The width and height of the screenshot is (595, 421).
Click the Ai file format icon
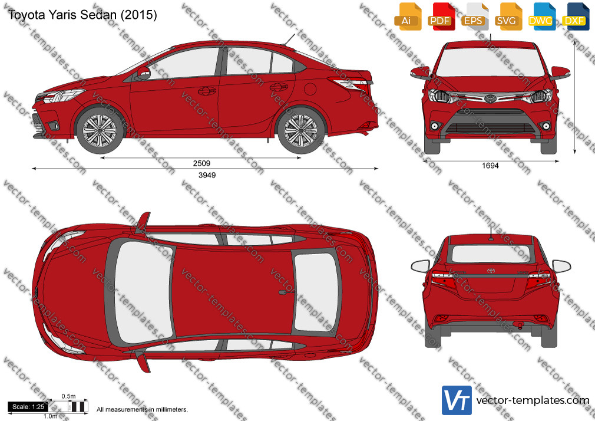(408, 17)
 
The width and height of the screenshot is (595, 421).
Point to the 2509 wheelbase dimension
(201, 163)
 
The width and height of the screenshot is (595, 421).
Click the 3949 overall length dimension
(207, 175)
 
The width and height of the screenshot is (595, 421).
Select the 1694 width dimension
(490, 166)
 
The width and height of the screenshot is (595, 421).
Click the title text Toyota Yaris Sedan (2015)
(82, 15)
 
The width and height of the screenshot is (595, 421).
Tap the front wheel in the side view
(100, 130)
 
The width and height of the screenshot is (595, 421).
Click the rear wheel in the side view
(301, 130)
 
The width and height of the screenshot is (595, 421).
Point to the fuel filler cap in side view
(310, 89)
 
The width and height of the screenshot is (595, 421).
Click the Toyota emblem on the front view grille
(490, 98)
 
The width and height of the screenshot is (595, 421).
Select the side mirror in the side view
(143, 73)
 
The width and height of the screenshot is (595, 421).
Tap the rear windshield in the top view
(316, 292)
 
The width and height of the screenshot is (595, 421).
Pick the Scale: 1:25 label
(28, 407)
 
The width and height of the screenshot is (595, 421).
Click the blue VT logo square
(457, 400)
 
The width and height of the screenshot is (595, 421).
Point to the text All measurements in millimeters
(143, 410)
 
